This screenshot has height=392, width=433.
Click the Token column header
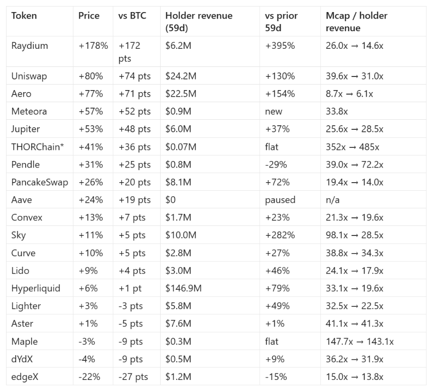[24, 16]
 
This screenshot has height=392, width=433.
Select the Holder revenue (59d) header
[199, 22]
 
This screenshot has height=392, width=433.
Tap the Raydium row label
[30, 46]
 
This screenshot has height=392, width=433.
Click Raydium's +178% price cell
[93, 46]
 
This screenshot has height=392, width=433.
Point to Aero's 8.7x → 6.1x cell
[349, 94]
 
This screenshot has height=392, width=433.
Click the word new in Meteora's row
[273, 112]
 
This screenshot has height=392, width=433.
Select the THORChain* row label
[38, 147]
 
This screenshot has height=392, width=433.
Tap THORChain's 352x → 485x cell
[352, 147]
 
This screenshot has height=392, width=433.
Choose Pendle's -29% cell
[276, 165]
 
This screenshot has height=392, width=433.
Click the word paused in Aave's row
[280, 200]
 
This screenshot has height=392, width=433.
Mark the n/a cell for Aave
[332, 200]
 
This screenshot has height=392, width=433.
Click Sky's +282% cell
[280, 235]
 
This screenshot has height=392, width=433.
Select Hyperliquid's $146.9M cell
[183, 288]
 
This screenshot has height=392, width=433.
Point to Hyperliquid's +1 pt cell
[130, 288]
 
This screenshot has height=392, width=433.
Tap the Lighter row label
[26, 306]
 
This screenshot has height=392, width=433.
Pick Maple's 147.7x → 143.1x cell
[359, 342]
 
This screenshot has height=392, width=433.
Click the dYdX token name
[22, 359]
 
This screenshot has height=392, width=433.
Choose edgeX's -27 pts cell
[133, 377]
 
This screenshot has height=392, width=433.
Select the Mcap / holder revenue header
[356, 22]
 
